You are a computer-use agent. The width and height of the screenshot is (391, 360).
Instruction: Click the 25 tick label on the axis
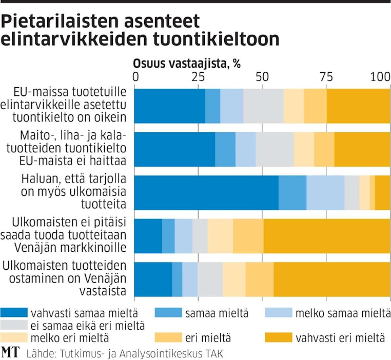[198, 77]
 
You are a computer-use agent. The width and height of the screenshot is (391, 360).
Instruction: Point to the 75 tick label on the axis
[326, 77]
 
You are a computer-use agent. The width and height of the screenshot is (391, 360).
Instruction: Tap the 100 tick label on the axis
[380, 77]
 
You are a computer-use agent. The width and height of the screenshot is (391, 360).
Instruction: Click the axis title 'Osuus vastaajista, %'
[187, 64]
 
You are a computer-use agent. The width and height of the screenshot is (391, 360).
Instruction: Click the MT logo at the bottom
[9, 353]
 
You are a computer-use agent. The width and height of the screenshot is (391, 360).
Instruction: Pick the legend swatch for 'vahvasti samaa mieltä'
[14, 312]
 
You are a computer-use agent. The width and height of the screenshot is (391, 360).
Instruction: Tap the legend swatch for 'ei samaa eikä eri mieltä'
[14, 325]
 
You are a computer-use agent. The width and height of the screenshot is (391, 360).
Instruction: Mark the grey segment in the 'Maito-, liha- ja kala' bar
[275, 149]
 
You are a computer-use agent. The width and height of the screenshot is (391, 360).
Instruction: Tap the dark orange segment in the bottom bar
[331, 279]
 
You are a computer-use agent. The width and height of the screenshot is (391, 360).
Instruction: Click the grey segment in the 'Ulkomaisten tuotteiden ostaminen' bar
[210, 279]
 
